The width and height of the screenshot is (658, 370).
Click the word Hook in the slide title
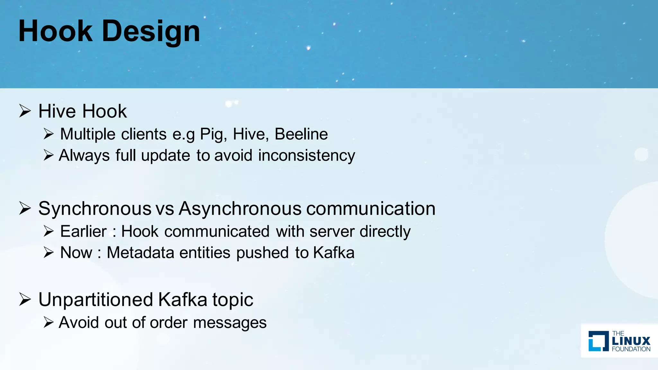(x=55, y=31)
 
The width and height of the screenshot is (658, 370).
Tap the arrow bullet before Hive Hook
(x=25, y=111)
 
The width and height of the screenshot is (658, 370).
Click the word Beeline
(x=301, y=134)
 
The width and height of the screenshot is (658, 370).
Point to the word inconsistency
(x=307, y=156)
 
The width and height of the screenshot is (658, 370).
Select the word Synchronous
(x=95, y=209)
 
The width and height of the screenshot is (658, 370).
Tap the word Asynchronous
(x=240, y=209)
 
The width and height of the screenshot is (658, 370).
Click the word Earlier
(x=83, y=232)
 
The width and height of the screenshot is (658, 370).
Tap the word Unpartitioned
(x=95, y=300)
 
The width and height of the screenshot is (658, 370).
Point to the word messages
(x=230, y=322)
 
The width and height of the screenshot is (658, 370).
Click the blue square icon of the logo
(x=598, y=341)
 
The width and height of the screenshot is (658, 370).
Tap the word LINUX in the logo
(x=631, y=341)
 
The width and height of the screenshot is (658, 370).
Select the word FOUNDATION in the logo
(x=631, y=349)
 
